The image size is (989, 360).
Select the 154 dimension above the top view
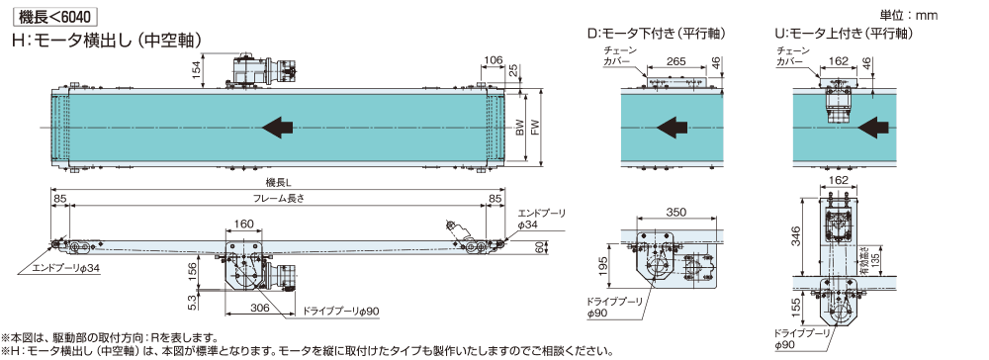click(197, 68)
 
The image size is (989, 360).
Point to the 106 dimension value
click(493, 60)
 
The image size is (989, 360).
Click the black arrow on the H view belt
click(278, 129)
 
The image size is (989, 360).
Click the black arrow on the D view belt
click(672, 128)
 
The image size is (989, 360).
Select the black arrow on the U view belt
click(876, 128)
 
